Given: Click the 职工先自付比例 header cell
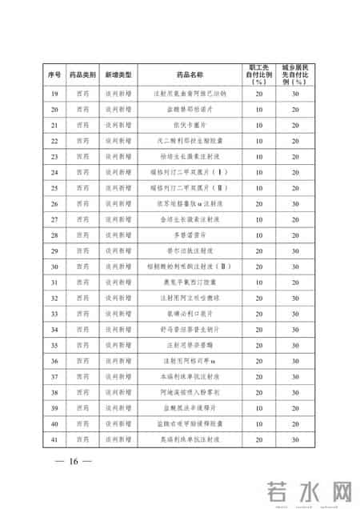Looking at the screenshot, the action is point(259,74).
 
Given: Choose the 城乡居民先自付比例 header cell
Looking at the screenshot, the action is point(295,74).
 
